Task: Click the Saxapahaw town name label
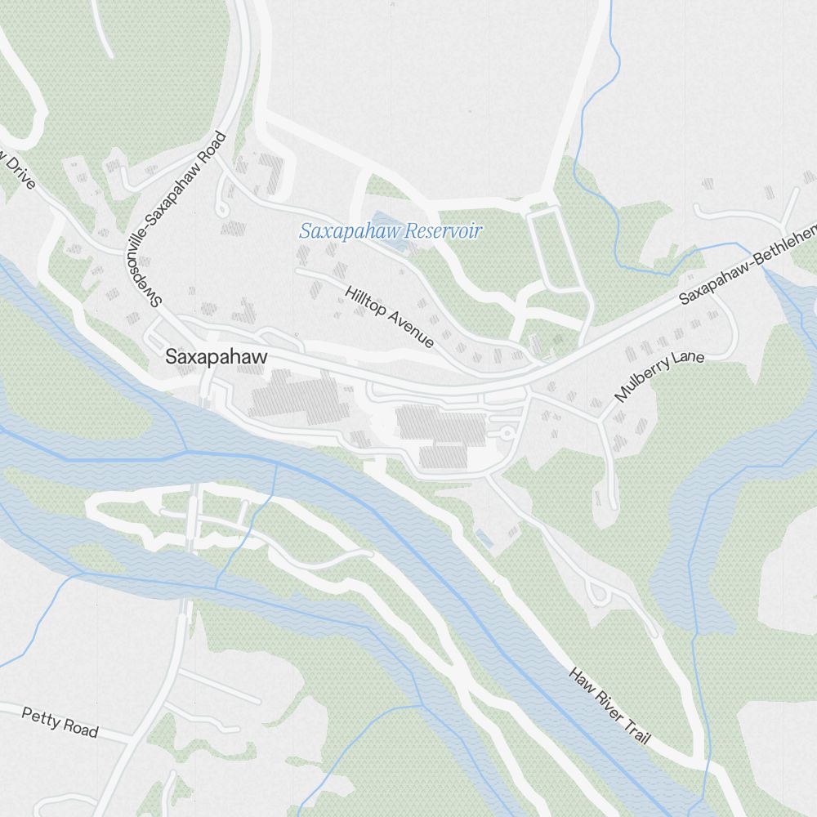pos(216,357)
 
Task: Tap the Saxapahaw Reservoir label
pos(390,231)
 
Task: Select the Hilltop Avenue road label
pos(389,317)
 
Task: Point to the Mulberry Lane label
pos(659,377)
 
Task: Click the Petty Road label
pos(60,722)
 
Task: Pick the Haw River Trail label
pos(610,706)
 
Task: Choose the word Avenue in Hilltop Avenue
pos(411,330)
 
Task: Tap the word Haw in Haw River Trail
pos(581,679)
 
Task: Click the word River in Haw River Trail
pos(605,701)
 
